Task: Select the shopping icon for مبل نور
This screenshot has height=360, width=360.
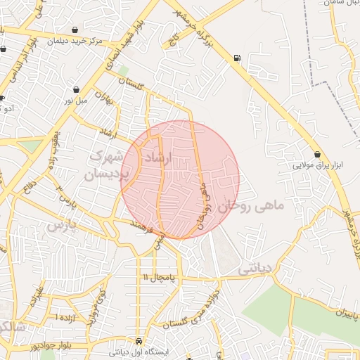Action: coord(76,89)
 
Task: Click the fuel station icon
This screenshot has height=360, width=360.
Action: coord(236,58)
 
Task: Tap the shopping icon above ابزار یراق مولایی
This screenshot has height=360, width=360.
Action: coord(319,154)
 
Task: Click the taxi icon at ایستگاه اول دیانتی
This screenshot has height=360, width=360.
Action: coord(139,340)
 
